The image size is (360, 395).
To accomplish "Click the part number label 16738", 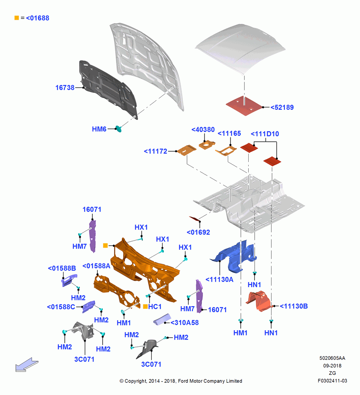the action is click(65, 88).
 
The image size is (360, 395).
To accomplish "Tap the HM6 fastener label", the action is click(99, 129).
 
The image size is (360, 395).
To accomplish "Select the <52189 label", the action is click(282, 107).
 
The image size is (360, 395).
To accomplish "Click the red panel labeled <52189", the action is click(244, 106).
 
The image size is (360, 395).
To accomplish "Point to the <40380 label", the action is click(203, 130).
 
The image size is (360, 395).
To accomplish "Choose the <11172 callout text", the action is click(156, 151).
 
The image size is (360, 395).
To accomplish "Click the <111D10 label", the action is click(265, 134).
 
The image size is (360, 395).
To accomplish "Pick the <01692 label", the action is click(199, 232).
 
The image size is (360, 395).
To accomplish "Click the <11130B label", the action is click(294, 306).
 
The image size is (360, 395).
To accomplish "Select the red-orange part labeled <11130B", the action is click(259, 301).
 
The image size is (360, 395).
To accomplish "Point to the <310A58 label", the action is click(184, 322).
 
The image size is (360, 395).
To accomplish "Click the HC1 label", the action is click(155, 307).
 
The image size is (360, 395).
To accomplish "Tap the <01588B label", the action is click(62, 268).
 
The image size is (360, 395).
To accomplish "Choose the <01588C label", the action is click(61, 307).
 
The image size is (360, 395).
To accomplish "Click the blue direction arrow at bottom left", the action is click(26, 365).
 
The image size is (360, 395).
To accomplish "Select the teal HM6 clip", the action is click(118, 129).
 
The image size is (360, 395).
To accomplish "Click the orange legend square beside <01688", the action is click(17, 18).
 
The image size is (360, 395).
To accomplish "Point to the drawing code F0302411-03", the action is click(332, 381).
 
